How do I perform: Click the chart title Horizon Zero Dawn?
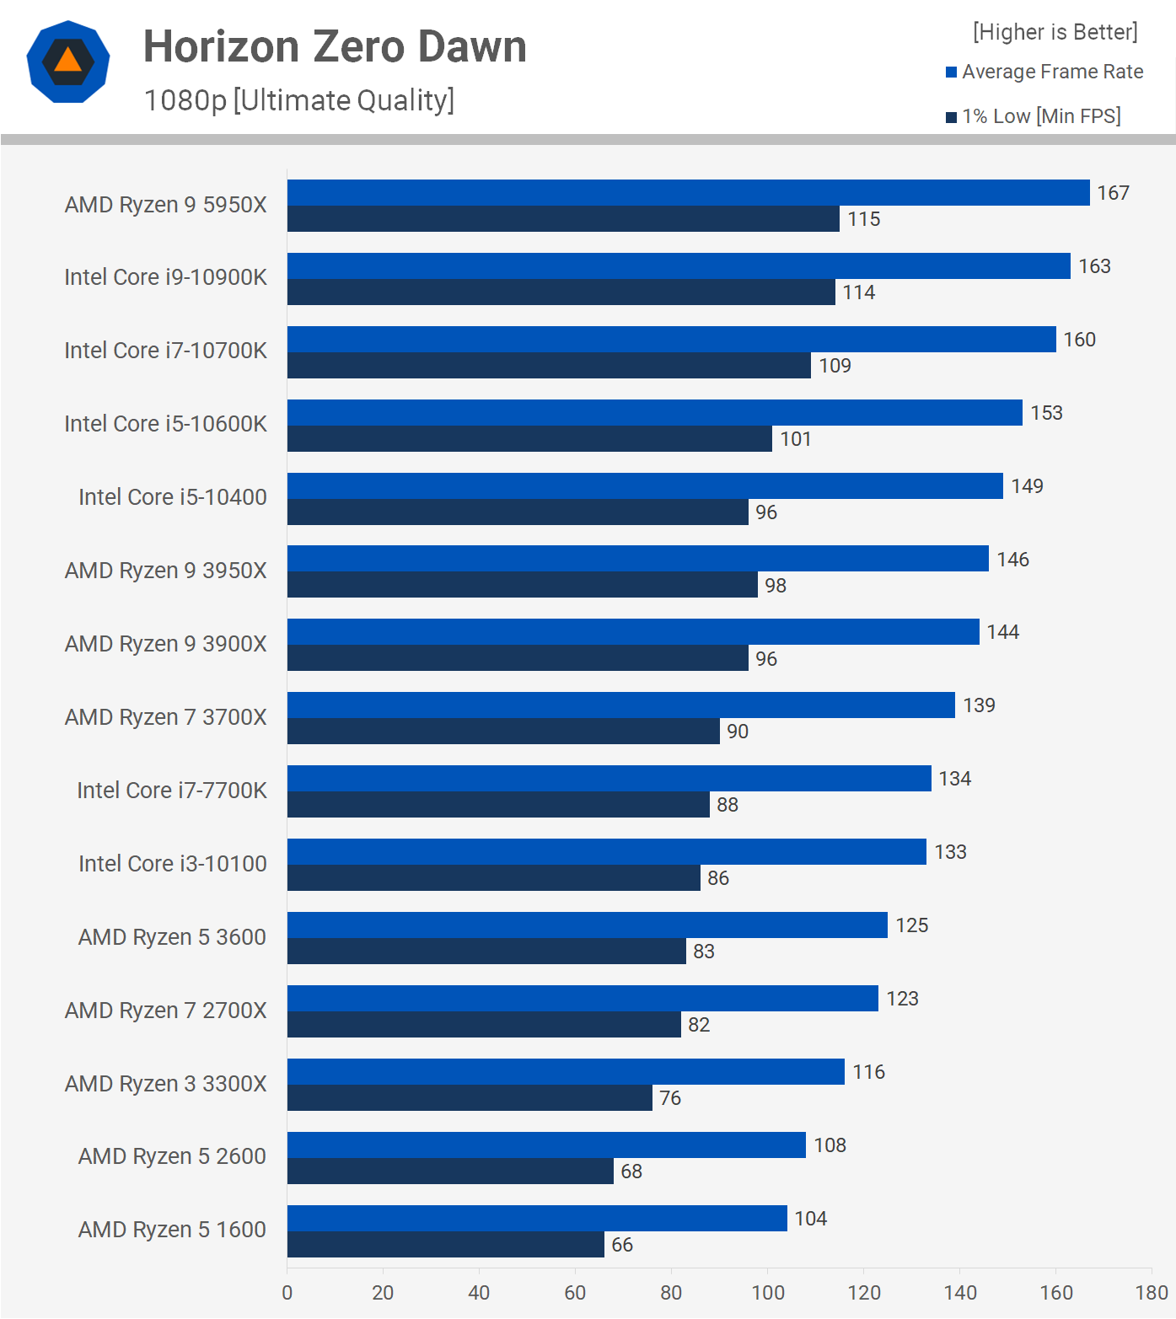[335, 47]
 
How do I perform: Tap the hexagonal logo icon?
[68, 62]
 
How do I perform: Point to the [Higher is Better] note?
[1055, 32]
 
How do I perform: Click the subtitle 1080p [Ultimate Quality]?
[299, 100]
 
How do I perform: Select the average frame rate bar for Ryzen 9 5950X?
[688, 193]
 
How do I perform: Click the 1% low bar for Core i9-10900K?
[561, 292]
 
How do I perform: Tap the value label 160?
[1079, 340]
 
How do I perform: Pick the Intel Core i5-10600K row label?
[165, 424]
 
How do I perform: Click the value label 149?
[1027, 486]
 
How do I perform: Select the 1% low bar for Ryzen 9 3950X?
[522, 585]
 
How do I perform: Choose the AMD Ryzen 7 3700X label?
[165, 717]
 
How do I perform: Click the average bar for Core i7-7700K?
[609, 779]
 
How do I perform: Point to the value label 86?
[718, 878]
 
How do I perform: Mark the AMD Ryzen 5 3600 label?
[172, 937]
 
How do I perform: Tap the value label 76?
[670, 1098]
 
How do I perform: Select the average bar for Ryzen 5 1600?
[537, 1219]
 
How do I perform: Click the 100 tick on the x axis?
[768, 1293]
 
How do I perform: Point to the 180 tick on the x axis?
[1152, 1293]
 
